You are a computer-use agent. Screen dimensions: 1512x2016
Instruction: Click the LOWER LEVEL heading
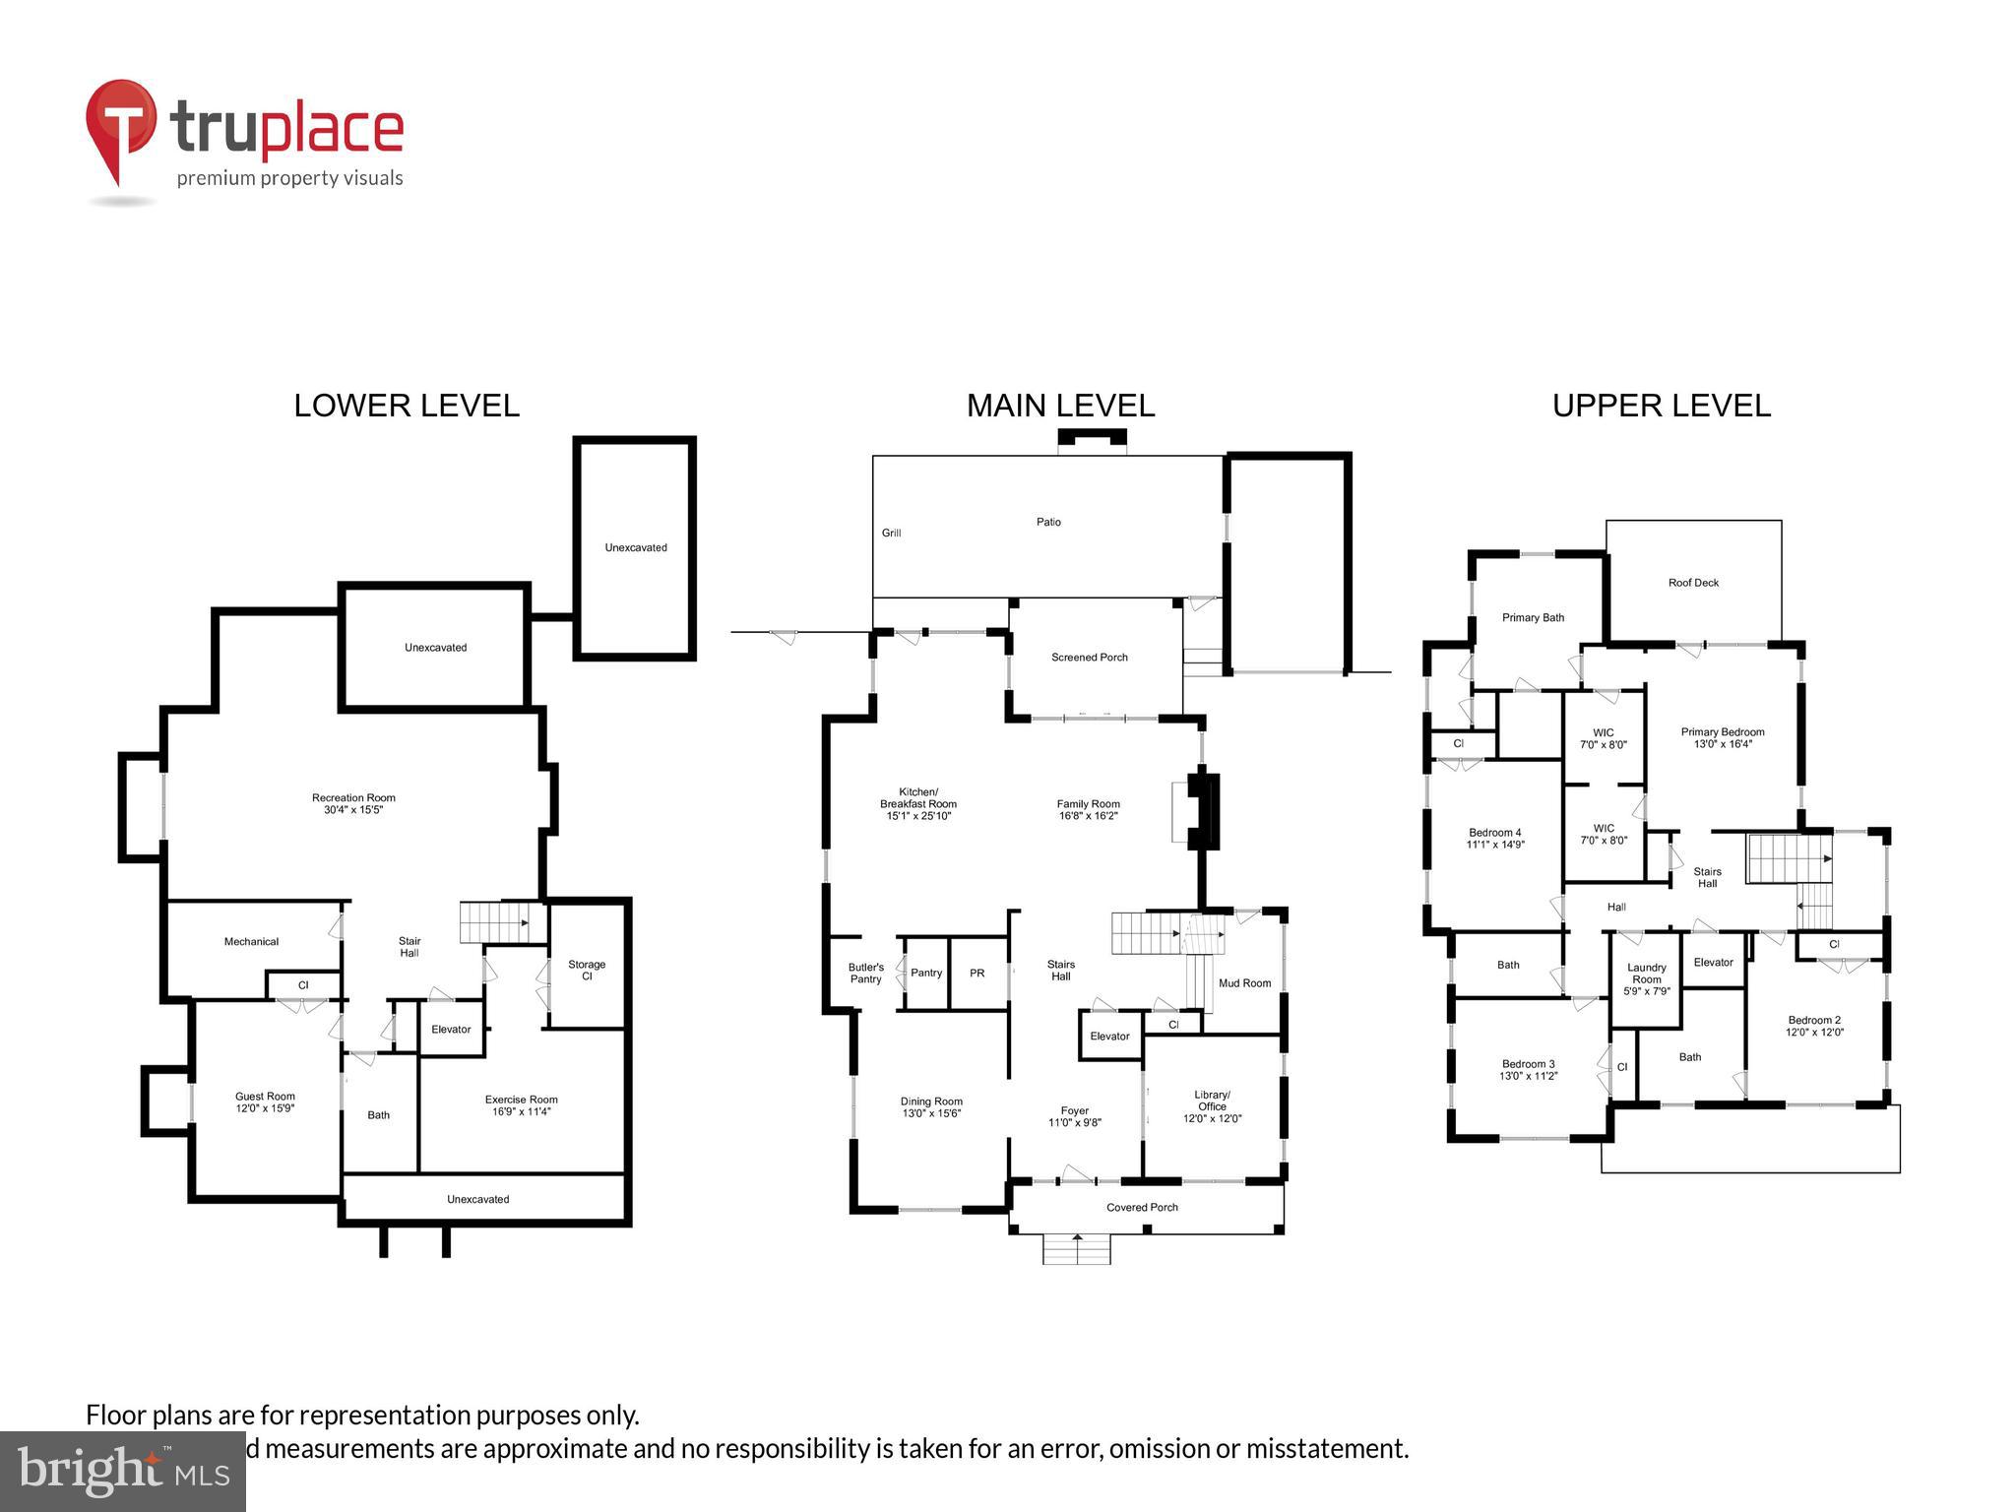point(407,406)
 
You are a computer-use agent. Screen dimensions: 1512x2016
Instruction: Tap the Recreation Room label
point(353,798)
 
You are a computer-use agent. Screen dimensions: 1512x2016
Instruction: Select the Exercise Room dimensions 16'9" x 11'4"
point(522,1112)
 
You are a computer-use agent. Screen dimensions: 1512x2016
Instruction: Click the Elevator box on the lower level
point(451,1030)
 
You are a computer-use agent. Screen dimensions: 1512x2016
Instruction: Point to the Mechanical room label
point(251,942)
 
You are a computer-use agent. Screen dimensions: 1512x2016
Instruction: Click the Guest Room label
point(265,1097)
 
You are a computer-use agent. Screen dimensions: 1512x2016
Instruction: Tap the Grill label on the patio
point(891,534)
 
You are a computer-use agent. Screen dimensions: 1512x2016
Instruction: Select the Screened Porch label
point(1089,658)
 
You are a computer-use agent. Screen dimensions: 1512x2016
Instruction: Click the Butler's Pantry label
point(866,974)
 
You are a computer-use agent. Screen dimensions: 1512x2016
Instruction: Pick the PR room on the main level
point(976,974)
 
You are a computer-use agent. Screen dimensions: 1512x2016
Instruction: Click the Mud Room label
point(1244,983)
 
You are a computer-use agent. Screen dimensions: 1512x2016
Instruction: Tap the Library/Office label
point(1212,1101)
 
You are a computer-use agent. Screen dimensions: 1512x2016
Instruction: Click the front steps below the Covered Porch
point(1077,1250)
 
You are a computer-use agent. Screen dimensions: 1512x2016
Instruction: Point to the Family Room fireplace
point(1203,812)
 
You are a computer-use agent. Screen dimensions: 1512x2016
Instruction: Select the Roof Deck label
point(1693,583)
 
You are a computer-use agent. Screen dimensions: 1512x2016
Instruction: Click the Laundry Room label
point(1646,974)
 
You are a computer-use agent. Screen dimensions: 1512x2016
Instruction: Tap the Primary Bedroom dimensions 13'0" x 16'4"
point(1723,744)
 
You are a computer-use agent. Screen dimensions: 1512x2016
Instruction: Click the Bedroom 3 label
point(1528,1064)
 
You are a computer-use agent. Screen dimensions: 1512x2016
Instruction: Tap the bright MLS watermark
point(123,1471)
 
